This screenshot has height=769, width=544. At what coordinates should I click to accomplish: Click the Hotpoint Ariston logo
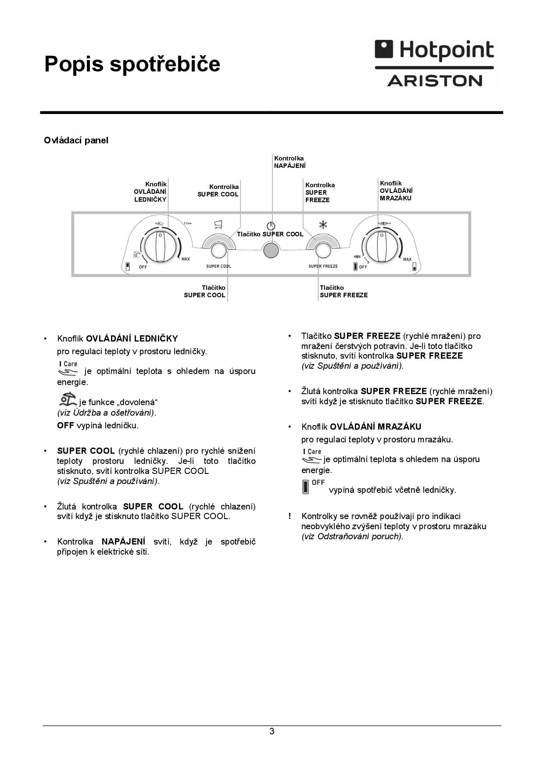coord(434,64)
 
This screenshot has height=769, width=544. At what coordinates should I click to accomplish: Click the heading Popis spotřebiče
coord(132,64)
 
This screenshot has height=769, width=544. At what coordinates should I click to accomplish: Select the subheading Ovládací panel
coord(76,140)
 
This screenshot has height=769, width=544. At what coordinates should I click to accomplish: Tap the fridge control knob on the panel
coord(161,246)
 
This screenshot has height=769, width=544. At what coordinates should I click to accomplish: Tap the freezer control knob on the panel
coord(381,246)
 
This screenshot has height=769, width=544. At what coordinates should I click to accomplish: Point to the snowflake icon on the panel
coord(323,225)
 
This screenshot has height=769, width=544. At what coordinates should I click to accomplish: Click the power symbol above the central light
coord(271,226)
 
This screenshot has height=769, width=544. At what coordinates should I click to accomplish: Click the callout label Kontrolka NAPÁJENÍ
coord(290,162)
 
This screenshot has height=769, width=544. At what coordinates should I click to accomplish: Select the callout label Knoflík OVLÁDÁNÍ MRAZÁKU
coord(396,191)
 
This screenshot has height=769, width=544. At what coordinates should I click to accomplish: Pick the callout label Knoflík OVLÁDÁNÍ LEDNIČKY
coord(150,192)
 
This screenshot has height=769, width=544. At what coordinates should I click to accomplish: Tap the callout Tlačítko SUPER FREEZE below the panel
coord(344,292)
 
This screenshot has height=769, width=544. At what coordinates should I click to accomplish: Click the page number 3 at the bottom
coord(272,731)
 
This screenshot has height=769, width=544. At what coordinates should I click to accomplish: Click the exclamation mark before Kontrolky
coord(290,516)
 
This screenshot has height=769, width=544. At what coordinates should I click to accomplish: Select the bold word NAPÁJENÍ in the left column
coord(124,542)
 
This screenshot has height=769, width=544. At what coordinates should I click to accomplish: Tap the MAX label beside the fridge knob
coord(186,259)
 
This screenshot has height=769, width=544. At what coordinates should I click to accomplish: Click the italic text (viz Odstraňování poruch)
coord(352,536)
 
